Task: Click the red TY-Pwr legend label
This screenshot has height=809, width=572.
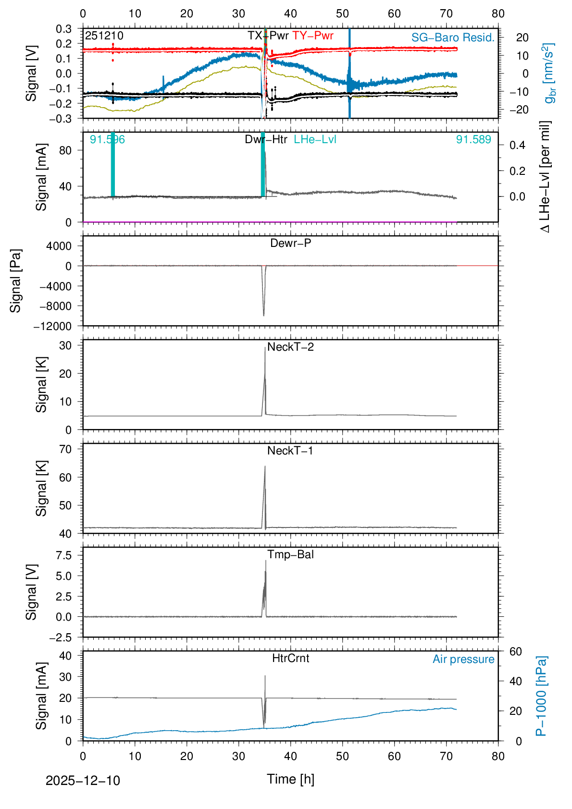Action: [312, 36]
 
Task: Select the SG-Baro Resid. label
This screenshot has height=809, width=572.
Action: [453, 37]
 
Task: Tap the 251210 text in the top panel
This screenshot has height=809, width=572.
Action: [104, 36]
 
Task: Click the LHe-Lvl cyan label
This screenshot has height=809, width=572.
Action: [315, 139]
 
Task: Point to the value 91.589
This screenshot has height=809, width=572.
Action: [473, 139]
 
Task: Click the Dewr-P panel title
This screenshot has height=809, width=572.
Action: [290, 243]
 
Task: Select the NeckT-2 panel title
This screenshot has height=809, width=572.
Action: [290, 347]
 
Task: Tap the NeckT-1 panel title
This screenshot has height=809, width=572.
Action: [290, 451]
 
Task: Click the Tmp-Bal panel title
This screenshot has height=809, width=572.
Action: [290, 554]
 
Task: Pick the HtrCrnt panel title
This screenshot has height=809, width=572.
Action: [290, 658]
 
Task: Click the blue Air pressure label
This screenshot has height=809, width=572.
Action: [463, 659]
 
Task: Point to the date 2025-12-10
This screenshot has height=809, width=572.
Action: [83, 781]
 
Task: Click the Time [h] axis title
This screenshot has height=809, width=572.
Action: [290, 779]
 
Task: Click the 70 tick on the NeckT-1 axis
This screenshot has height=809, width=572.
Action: [65, 449]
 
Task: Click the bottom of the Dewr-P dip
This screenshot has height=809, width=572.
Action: [263, 316]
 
